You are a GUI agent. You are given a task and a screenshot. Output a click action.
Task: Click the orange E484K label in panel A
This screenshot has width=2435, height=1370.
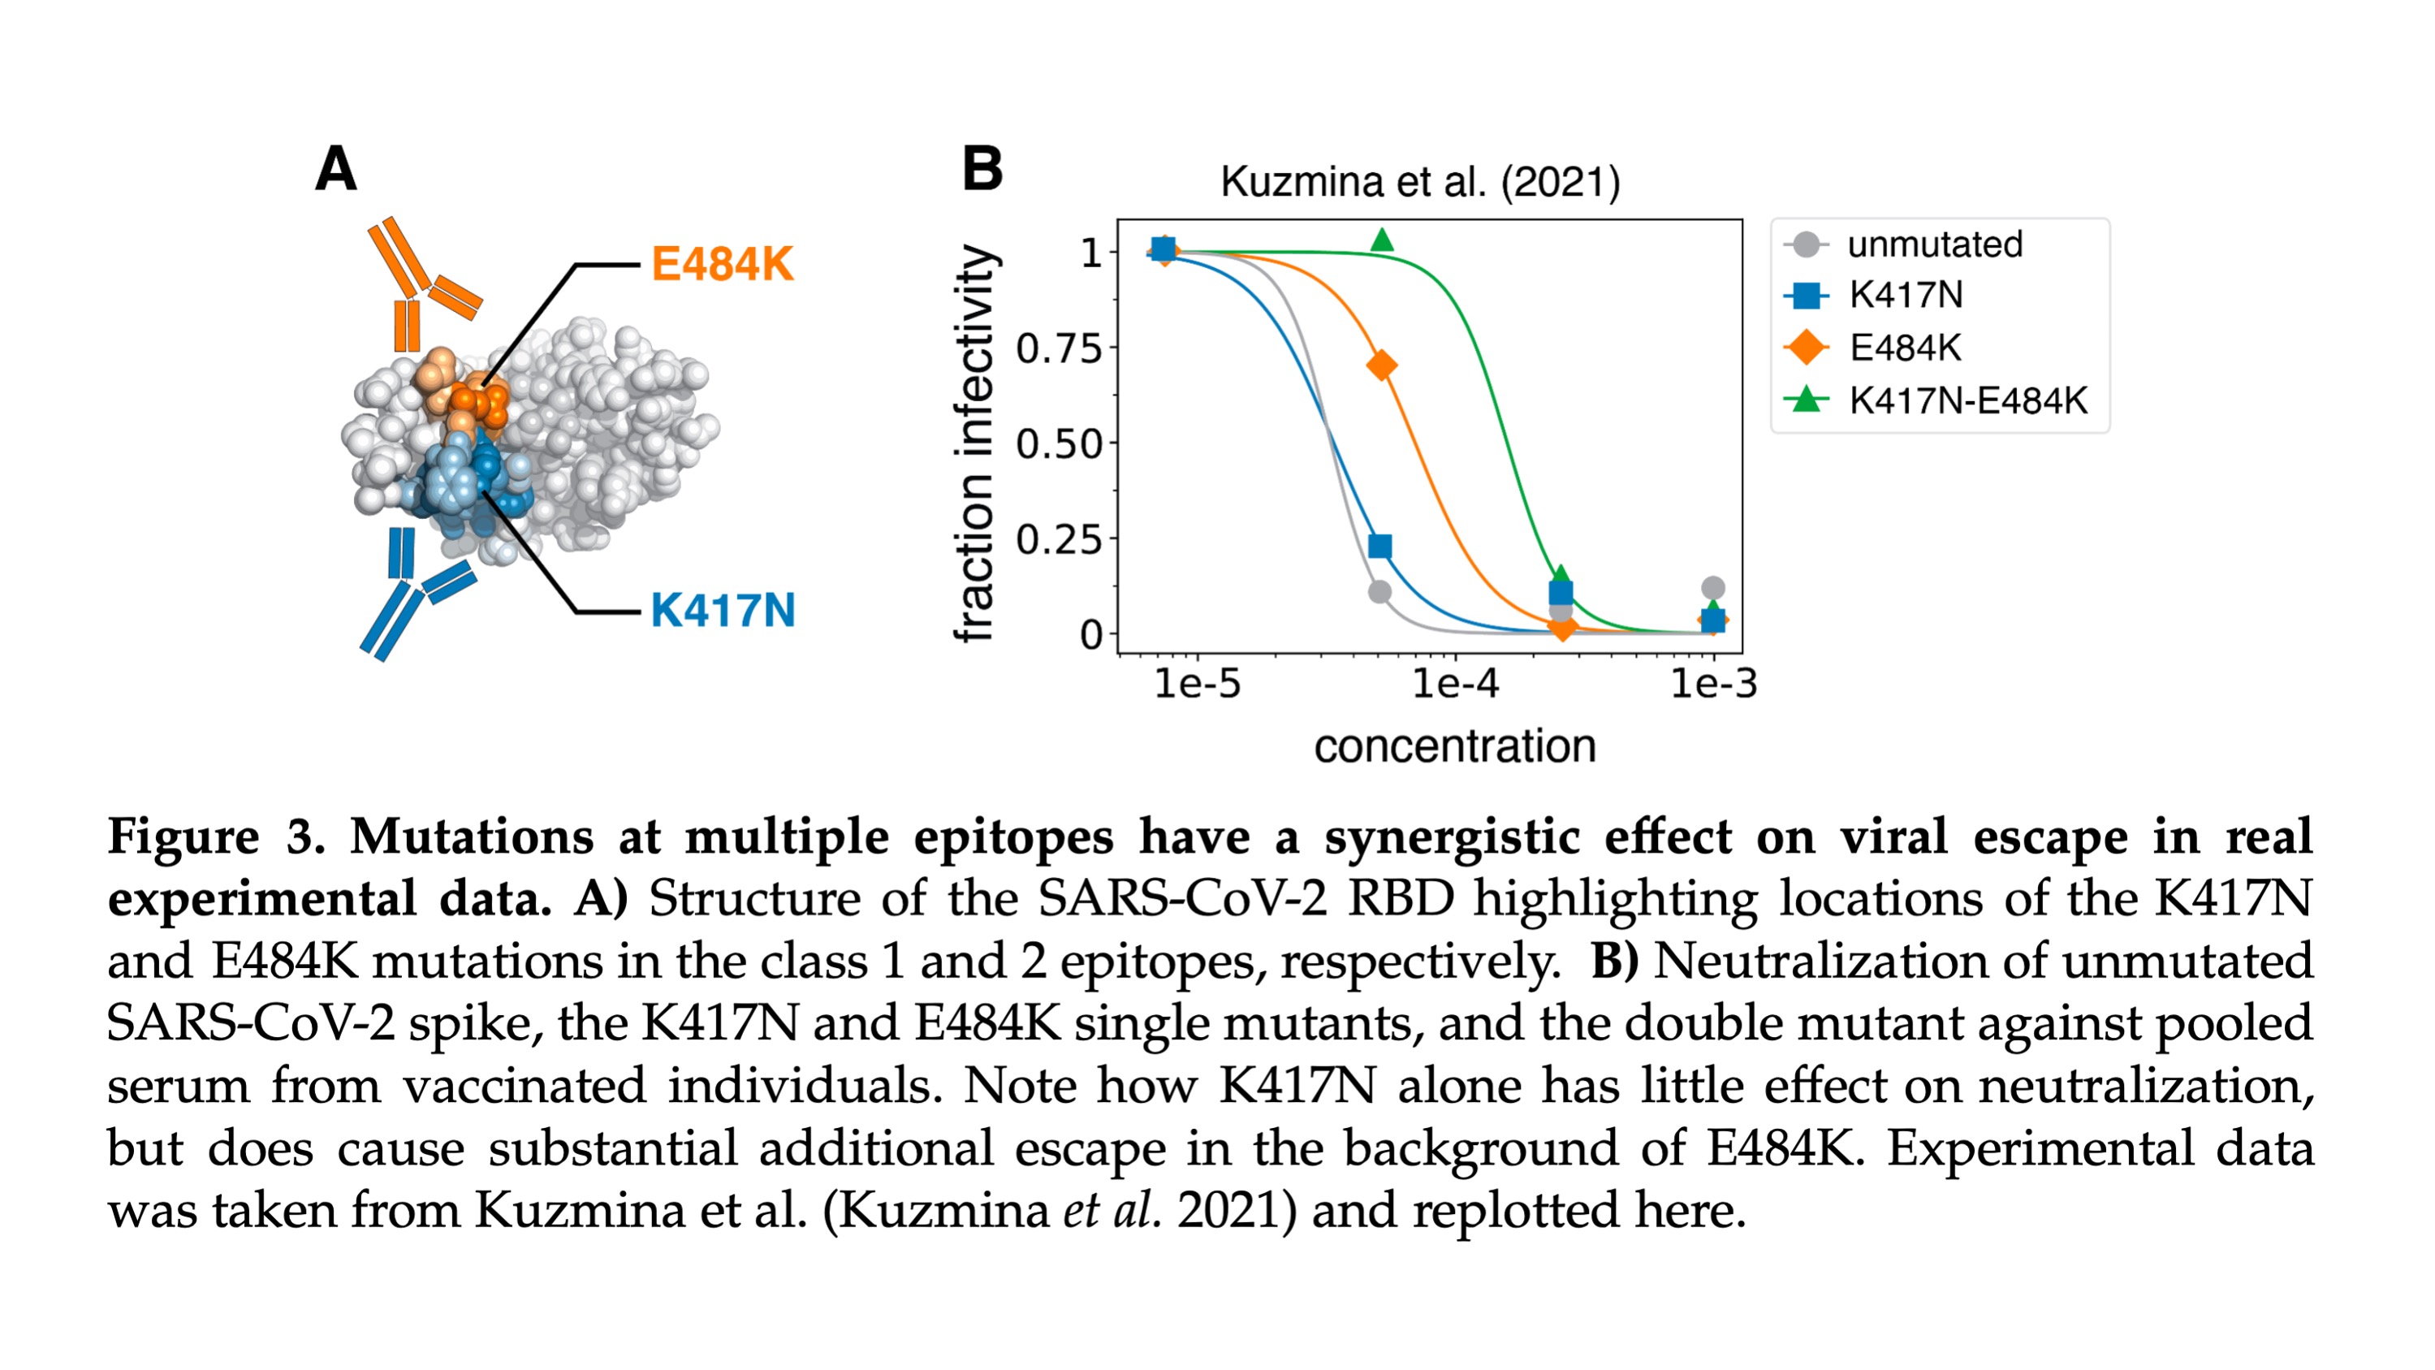click(722, 264)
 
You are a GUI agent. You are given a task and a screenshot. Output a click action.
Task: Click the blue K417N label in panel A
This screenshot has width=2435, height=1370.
click(722, 610)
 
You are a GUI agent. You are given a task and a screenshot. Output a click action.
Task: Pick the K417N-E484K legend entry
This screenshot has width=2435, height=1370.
click(1967, 401)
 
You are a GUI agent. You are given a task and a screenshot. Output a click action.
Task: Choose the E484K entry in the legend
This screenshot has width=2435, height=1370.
click(1904, 348)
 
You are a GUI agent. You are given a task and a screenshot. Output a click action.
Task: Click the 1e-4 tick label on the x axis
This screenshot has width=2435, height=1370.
click(1455, 683)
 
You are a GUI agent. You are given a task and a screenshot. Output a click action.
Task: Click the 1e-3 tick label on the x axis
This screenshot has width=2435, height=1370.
click(1713, 683)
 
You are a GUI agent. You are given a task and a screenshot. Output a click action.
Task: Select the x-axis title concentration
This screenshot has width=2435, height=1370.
click(1454, 746)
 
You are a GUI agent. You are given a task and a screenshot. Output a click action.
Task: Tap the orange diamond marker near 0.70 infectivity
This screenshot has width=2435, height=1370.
click(1381, 365)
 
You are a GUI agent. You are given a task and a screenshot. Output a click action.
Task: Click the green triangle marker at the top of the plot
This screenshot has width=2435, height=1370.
click(1381, 240)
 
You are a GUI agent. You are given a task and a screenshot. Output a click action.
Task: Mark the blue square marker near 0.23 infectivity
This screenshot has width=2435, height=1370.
click(1379, 546)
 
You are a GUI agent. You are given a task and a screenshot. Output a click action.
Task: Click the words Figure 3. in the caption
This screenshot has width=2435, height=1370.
click(215, 836)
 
